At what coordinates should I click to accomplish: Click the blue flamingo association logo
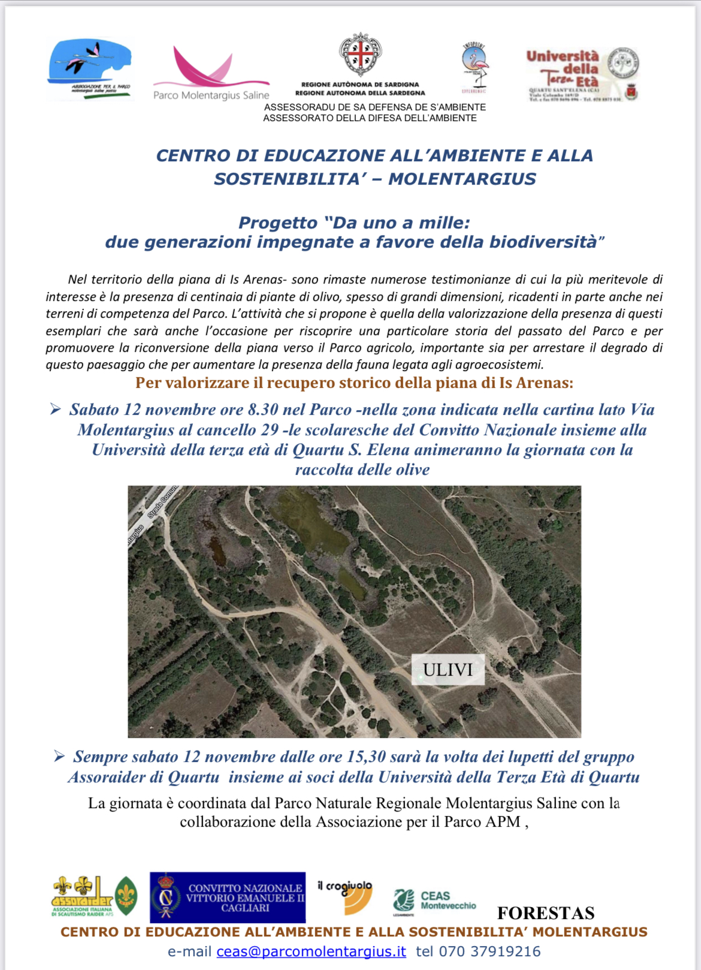tap(90, 67)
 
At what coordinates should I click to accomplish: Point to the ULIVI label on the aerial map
tap(448, 670)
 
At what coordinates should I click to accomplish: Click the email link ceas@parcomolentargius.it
tap(311, 951)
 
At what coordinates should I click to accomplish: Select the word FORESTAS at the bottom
tap(546, 913)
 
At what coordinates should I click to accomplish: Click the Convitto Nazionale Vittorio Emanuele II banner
tap(228, 897)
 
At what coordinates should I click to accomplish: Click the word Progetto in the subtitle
tap(278, 223)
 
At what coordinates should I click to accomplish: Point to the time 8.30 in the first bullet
tap(263, 409)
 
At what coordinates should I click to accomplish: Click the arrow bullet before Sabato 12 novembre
tap(56, 409)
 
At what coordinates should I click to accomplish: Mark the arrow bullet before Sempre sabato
tap(59, 757)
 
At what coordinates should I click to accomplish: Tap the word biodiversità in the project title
tap(543, 242)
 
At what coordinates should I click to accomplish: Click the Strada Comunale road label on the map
tap(162, 502)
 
